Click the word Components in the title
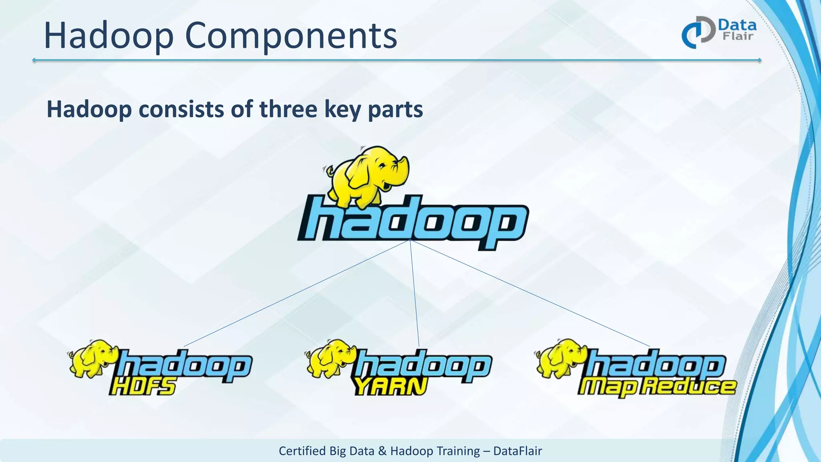291,36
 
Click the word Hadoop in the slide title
108,36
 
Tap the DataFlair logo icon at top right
698,32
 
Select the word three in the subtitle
288,109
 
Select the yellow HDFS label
142,387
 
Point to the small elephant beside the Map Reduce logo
560,358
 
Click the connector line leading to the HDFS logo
297,293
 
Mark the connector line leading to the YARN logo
415,293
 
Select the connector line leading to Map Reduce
529,293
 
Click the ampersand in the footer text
382,451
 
